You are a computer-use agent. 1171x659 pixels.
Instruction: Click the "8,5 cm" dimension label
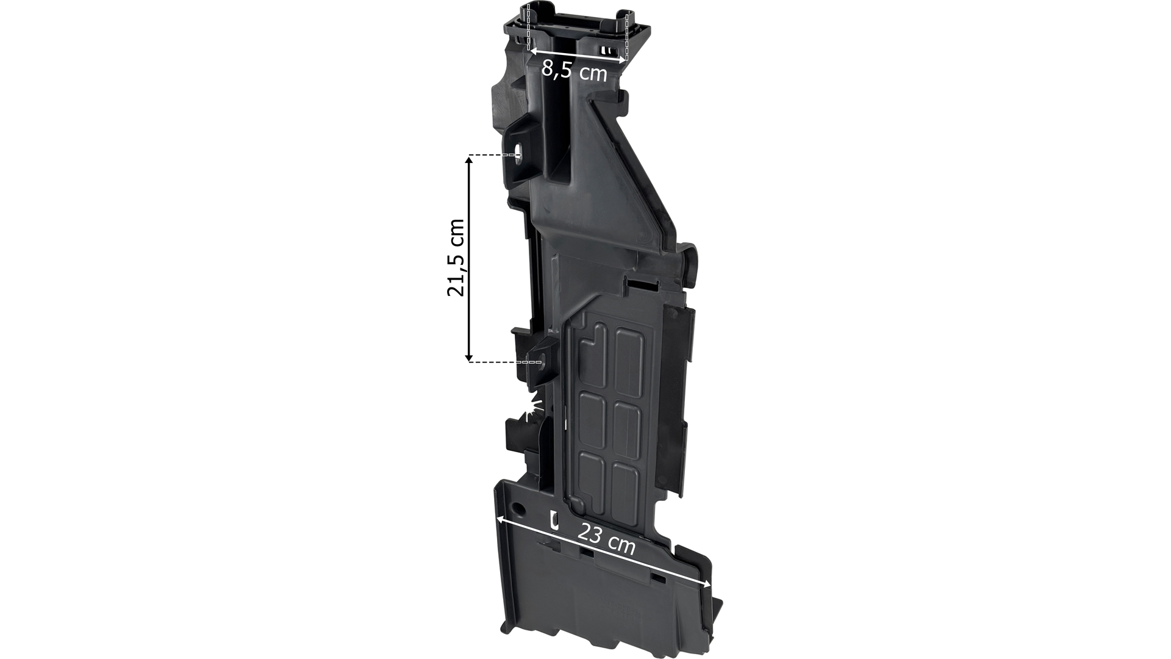click(x=574, y=72)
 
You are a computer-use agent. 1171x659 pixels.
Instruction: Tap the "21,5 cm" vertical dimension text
click(x=456, y=257)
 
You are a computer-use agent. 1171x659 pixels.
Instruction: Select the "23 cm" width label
click(x=606, y=538)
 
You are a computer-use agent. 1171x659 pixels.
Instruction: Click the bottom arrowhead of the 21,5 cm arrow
click(x=469, y=356)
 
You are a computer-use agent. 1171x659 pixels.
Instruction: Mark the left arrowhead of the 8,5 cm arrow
click(x=533, y=51)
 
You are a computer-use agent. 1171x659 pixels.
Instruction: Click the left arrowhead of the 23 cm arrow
click(x=501, y=520)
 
